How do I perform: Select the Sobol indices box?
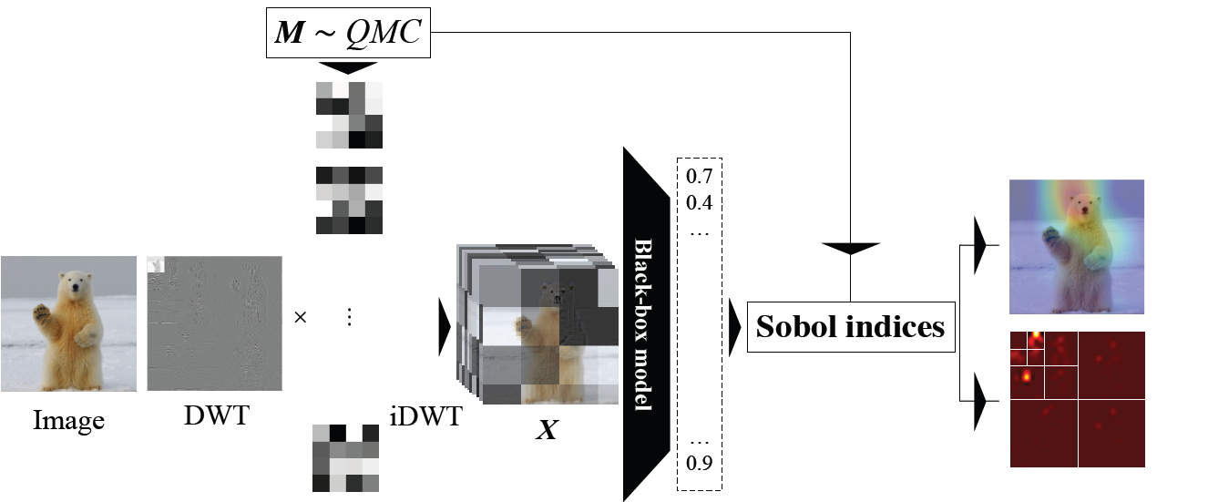pos(850,326)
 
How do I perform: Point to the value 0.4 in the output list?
pos(699,200)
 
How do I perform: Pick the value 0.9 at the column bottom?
pos(699,463)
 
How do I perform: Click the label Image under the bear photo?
pos(69,420)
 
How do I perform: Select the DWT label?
pos(214,415)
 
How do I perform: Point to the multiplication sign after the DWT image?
pos(301,320)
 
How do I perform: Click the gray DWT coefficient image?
pos(214,323)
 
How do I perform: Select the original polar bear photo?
pos(69,323)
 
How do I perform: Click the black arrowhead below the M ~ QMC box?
pos(348,67)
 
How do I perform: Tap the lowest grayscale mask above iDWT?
pos(345,457)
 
